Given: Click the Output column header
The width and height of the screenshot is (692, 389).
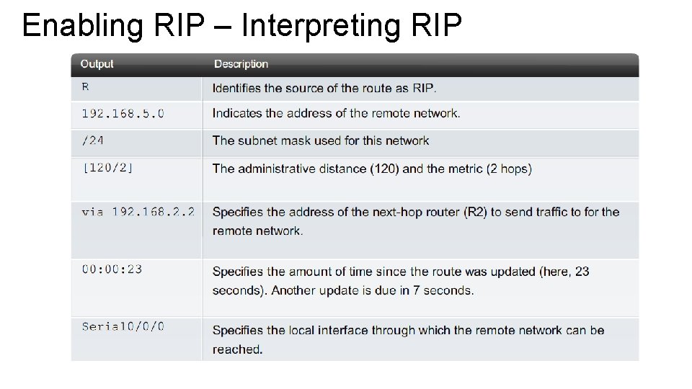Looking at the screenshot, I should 97,64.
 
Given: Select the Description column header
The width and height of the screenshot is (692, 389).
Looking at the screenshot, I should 241,64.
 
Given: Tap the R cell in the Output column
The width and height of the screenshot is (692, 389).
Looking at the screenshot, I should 86,87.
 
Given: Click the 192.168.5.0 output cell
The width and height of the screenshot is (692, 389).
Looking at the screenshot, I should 123,113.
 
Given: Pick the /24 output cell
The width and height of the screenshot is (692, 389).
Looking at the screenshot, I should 93,140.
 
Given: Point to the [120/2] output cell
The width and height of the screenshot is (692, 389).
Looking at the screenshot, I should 107,168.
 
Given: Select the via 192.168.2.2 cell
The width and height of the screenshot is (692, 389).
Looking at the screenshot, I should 138,212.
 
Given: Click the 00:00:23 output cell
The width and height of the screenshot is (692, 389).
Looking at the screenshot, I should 112,269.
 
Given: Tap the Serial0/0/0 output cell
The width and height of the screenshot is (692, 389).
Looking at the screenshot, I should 123,326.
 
